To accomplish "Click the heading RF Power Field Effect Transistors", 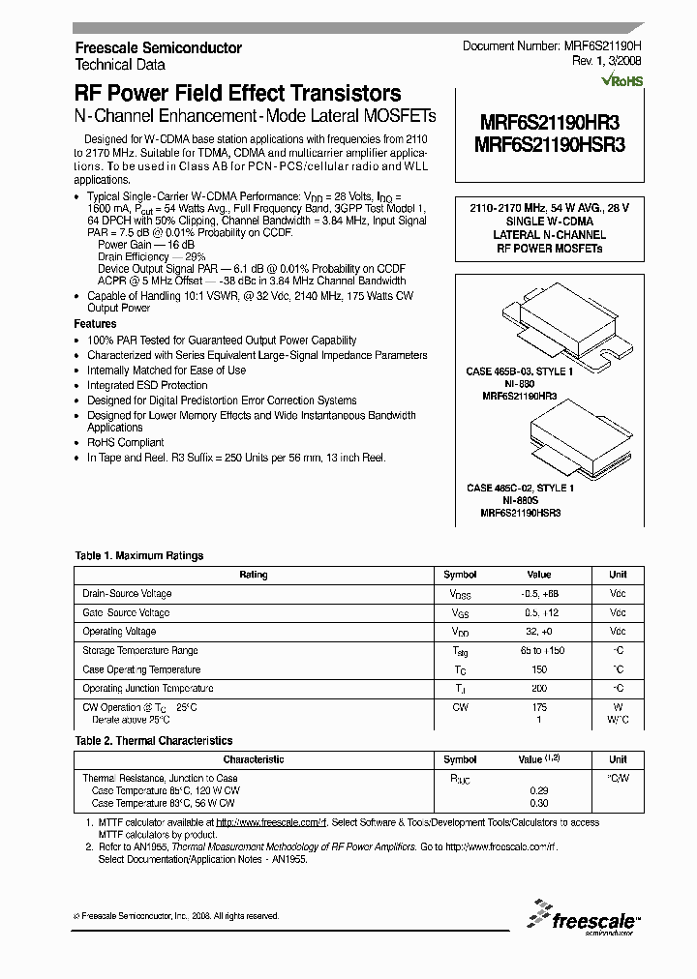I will (237, 94).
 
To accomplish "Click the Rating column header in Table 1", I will (254, 575).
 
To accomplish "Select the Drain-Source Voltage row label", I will (127, 593).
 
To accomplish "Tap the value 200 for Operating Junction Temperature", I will (538, 688).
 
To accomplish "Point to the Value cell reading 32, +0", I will (538, 631).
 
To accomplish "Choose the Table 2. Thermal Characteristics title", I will (154, 740).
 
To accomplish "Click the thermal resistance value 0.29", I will (538, 790).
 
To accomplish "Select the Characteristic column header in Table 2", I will (254, 759).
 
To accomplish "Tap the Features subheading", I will (95, 324).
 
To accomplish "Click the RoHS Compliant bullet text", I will (126, 442).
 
